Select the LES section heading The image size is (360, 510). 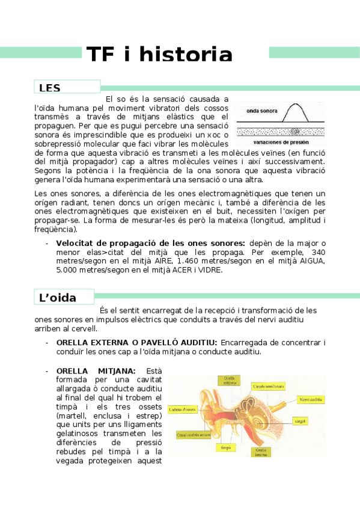coord(49,88)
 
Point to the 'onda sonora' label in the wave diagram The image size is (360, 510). coord(262,111)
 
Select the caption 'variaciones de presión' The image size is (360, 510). coord(281,143)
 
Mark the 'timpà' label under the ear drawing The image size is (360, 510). coord(227,447)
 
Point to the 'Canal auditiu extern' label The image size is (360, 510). coord(194,434)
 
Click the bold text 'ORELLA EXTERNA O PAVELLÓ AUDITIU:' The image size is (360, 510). coord(136,342)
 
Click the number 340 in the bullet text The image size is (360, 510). coord(319,252)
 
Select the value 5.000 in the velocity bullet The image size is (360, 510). coord(69,270)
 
